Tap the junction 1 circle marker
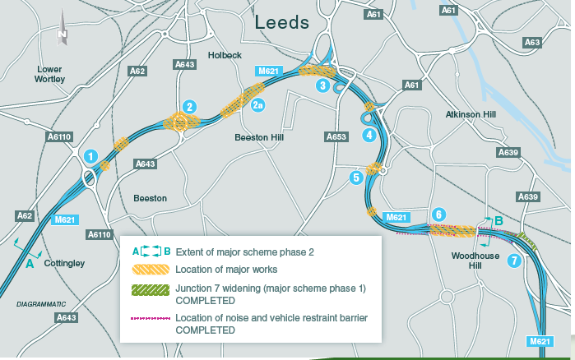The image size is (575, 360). pyautogui.click(x=91, y=155)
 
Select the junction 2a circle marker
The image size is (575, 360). pyautogui.click(x=257, y=105)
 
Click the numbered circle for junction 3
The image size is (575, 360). pyautogui.click(x=323, y=85)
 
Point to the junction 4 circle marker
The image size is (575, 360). pyautogui.click(x=370, y=134)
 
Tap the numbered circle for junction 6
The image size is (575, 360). pyautogui.click(x=439, y=215)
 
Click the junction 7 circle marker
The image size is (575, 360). pyautogui.click(x=514, y=261)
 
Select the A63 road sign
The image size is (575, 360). pyautogui.click(x=532, y=42)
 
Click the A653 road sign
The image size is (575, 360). pyautogui.click(x=336, y=136)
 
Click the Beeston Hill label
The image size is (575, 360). pyautogui.click(x=258, y=137)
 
